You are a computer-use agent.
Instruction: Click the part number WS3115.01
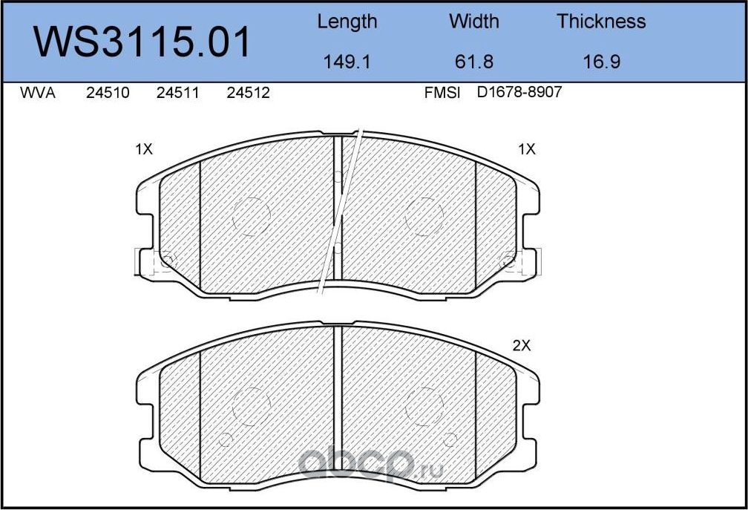pyautogui.click(x=144, y=42)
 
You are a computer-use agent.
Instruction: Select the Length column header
pyautogui.click(x=347, y=22)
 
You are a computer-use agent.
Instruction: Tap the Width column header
pyautogui.click(x=474, y=22)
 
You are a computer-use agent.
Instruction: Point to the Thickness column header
pyautogui.click(x=601, y=22)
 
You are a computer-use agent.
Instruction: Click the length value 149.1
pyautogui.click(x=347, y=62)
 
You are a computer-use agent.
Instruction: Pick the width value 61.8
pyautogui.click(x=474, y=62)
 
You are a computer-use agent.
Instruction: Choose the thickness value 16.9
pyautogui.click(x=601, y=62)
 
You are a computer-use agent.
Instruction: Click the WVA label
pyautogui.click(x=38, y=94)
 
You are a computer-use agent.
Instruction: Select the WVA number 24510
pyautogui.click(x=108, y=94)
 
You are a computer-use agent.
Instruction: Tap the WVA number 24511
pyautogui.click(x=178, y=94)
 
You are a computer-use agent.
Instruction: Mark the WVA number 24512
pyautogui.click(x=248, y=94)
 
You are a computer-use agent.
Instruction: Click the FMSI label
pyautogui.click(x=442, y=94)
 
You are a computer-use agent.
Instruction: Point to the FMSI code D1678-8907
pyautogui.click(x=519, y=94)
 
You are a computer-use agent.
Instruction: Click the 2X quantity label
pyautogui.click(x=522, y=345)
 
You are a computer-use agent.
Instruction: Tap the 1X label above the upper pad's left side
pyautogui.click(x=143, y=149)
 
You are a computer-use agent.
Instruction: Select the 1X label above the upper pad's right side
pyautogui.click(x=526, y=149)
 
